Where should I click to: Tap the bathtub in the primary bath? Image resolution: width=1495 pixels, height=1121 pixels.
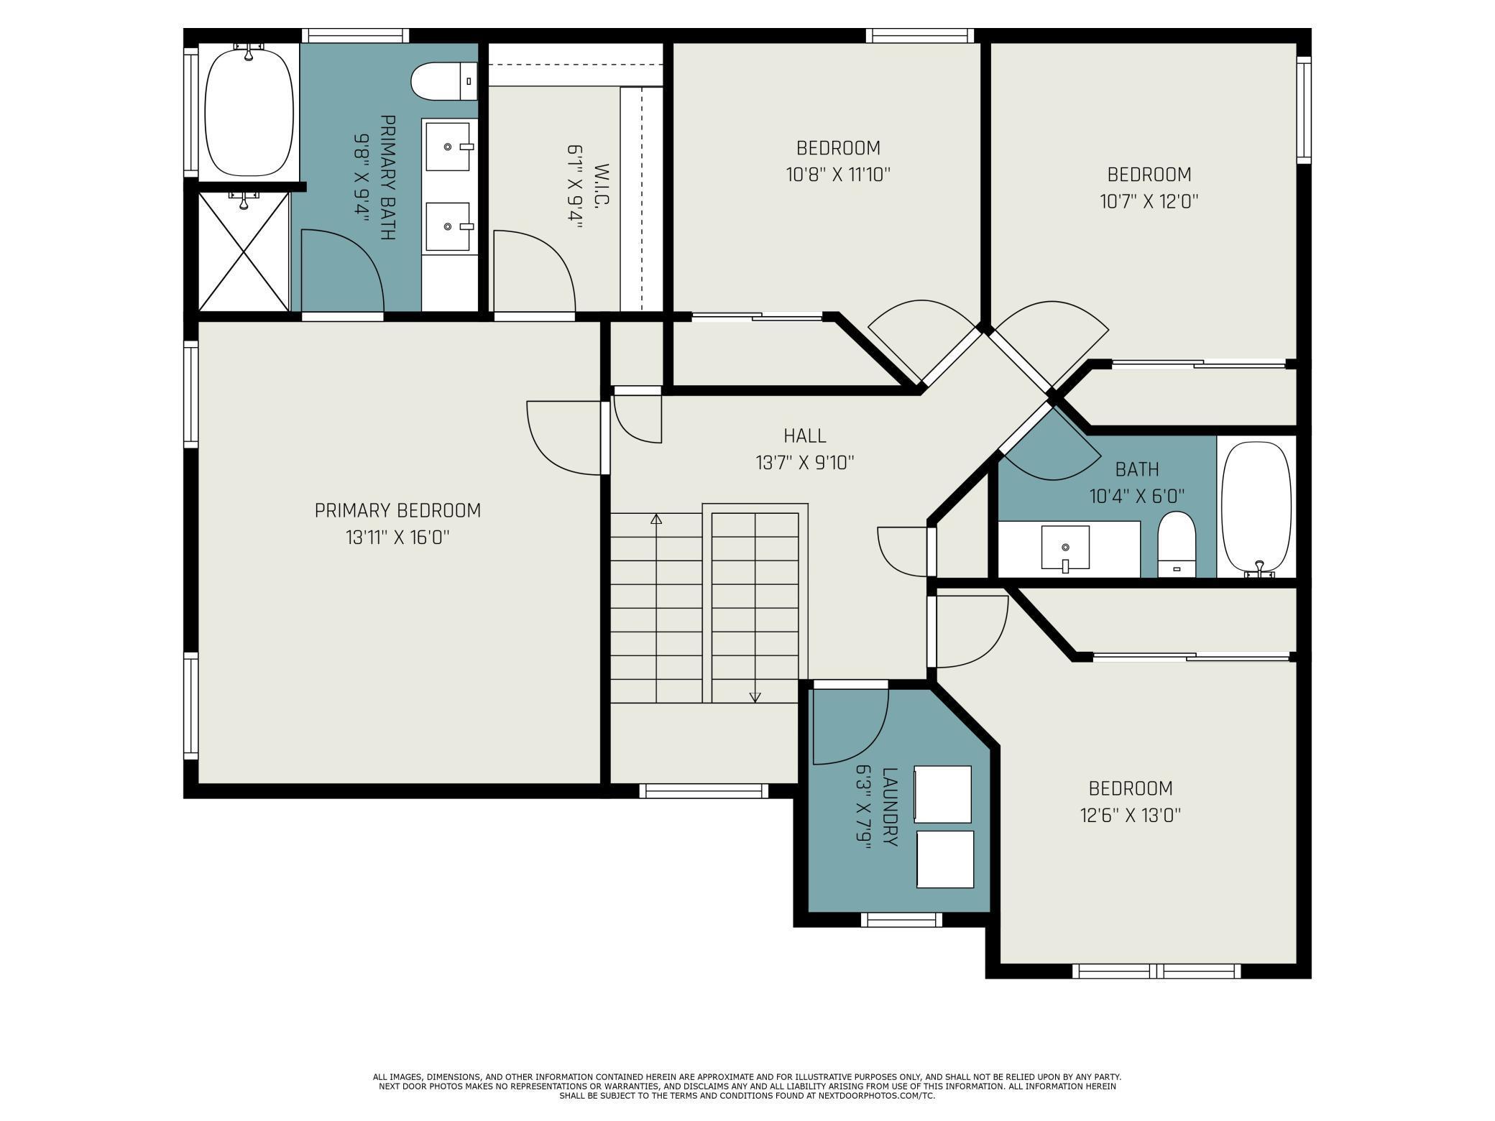click(x=249, y=111)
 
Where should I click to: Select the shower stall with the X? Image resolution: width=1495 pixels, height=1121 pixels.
click(x=244, y=252)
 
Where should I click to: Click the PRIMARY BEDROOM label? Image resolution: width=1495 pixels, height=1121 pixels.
click(x=397, y=511)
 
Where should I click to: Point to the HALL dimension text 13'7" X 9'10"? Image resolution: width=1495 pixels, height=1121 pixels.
click(x=804, y=463)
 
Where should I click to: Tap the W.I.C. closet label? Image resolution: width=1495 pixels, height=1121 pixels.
click(x=602, y=186)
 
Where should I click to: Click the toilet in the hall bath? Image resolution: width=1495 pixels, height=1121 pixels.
click(x=1177, y=544)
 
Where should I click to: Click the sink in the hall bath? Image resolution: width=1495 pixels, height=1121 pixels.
click(x=1065, y=549)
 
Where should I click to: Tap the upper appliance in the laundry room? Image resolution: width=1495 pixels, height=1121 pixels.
click(x=942, y=794)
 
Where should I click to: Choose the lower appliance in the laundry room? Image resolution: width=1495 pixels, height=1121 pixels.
click(x=945, y=859)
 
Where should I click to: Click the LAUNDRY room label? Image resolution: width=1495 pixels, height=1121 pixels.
click(x=889, y=807)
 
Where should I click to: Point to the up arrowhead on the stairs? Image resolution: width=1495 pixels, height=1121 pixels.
click(x=655, y=518)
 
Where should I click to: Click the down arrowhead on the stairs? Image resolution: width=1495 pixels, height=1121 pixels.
click(x=755, y=697)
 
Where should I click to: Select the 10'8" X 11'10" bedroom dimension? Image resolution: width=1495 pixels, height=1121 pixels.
click(x=838, y=175)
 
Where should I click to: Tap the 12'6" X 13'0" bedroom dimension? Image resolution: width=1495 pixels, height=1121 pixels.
click(x=1131, y=816)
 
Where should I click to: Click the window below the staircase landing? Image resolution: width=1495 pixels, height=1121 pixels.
click(x=704, y=790)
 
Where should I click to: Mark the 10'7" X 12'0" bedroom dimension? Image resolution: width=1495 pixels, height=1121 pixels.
click(x=1149, y=201)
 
